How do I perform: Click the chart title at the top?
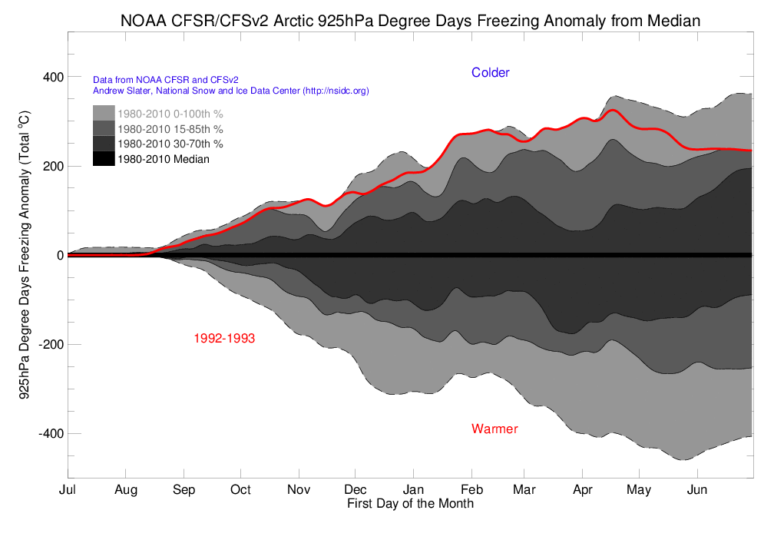pos(410,21)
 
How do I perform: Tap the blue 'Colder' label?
pos(490,72)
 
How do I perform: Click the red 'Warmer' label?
pos(495,429)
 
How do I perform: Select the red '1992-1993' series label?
pos(224,338)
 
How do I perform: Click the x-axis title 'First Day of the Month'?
pos(410,504)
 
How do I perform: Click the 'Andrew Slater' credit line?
pos(230,91)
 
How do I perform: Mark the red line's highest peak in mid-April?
pos(612,110)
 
